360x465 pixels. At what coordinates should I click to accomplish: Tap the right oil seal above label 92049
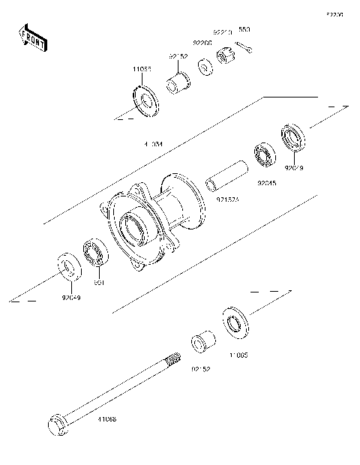pyautogui.click(x=293, y=140)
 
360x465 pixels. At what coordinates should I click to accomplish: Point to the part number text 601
pyautogui.click(x=97, y=283)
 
